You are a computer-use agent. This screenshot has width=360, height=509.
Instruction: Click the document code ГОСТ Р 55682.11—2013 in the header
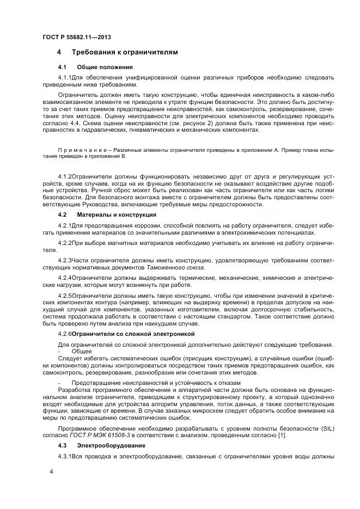click(x=73, y=37)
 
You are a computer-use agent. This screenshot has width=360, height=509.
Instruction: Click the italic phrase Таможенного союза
click(x=175, y=268)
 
